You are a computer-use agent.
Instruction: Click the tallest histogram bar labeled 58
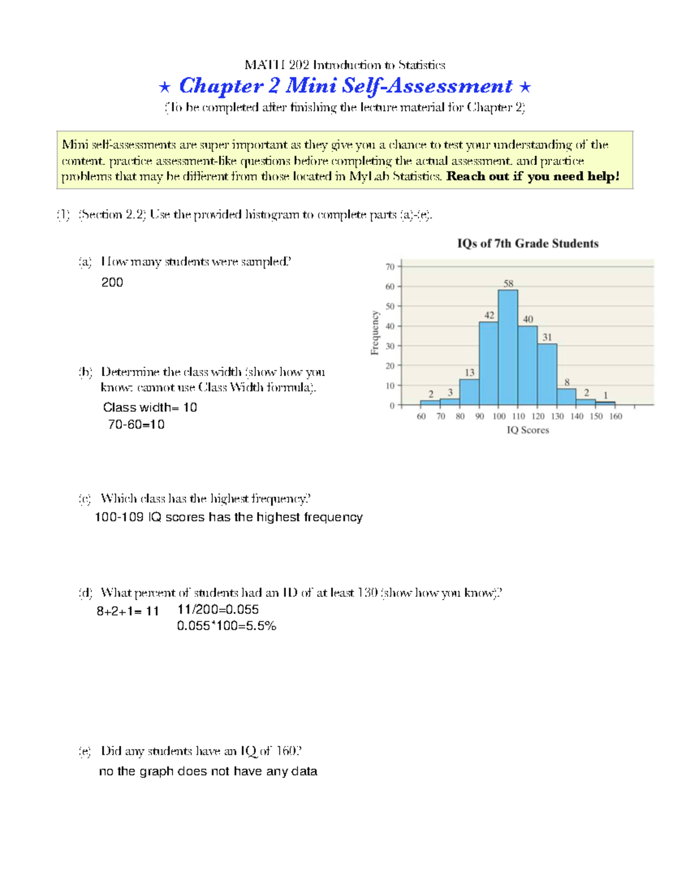click(x=508, y=348)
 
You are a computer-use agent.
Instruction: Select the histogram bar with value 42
click(x=489, y=364)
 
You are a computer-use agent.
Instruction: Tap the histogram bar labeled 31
click(x=547, y=374)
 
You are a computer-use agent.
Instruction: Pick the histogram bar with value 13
click(x=469, y=392)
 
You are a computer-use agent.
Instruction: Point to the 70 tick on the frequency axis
click(x=390, y=267)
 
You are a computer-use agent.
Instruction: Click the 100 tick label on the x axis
click(x=499, y=416)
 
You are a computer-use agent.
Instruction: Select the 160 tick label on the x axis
click(x=615, y=416)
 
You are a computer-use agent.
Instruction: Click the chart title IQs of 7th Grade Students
click(x=527, y=244)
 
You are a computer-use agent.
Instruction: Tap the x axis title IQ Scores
click(x=527, y=430)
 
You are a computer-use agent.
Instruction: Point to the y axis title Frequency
click(x=375, y=333)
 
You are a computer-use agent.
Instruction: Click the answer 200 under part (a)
click(x=112, y=282)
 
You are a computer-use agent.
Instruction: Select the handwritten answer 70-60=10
click(x=136, y=425)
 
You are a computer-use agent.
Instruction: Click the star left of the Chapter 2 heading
click(x=164, y=87)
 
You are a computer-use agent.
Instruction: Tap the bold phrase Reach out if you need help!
click(x=532, y=177)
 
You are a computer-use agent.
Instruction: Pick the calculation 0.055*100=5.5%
click(x=227, y=626)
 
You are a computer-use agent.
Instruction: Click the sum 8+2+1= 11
click(x=128, y=611)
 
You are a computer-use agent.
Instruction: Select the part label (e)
click(x=85, y=751)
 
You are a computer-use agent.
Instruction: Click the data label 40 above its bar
click(x=528, y=319)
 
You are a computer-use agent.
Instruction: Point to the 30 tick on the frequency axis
click(x=390, y=346)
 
